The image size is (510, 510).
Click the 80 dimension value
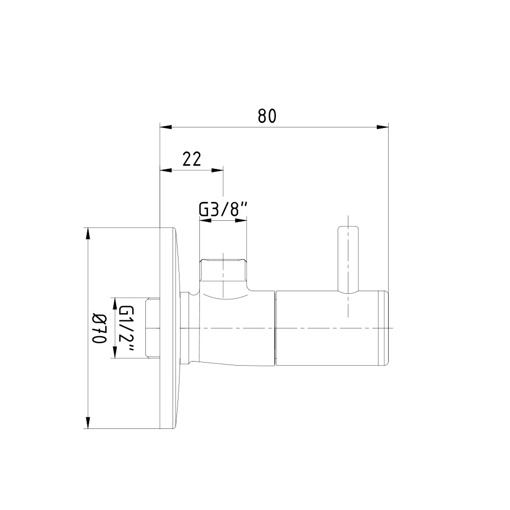[x=267, y=116]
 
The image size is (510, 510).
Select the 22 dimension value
[x=192, y=159]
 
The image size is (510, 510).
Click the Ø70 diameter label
[x=99, y=328]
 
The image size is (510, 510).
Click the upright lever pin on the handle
[x=348, y=260]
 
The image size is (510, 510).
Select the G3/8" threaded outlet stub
[x=223, y=270]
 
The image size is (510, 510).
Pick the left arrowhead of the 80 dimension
[x=166, y=127]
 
